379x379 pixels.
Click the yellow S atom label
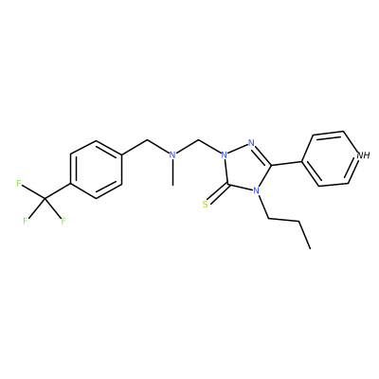(206, 205)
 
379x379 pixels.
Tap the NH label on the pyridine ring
(363, 155)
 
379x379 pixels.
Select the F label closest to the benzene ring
(19, 183)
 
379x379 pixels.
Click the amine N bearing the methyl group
(172, 154)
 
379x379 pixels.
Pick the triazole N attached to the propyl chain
(256, 190)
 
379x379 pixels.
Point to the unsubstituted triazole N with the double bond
(251, 142)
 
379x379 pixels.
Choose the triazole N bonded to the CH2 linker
(225, 154)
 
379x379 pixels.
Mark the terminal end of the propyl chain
(310, 248)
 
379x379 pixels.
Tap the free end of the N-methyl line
(172, 185)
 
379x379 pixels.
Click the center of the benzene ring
(96, 170)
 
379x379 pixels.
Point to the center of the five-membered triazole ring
(247, 169)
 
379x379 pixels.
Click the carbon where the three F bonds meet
(45, 199)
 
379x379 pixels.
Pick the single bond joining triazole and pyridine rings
(287, 163)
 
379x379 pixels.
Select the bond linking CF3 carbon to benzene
(57, 191)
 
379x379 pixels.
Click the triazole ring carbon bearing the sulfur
(228, 185)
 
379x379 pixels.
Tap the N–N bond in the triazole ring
(238, 149)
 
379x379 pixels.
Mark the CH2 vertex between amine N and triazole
(198, 140)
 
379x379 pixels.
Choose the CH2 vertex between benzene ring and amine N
(148, 139)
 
